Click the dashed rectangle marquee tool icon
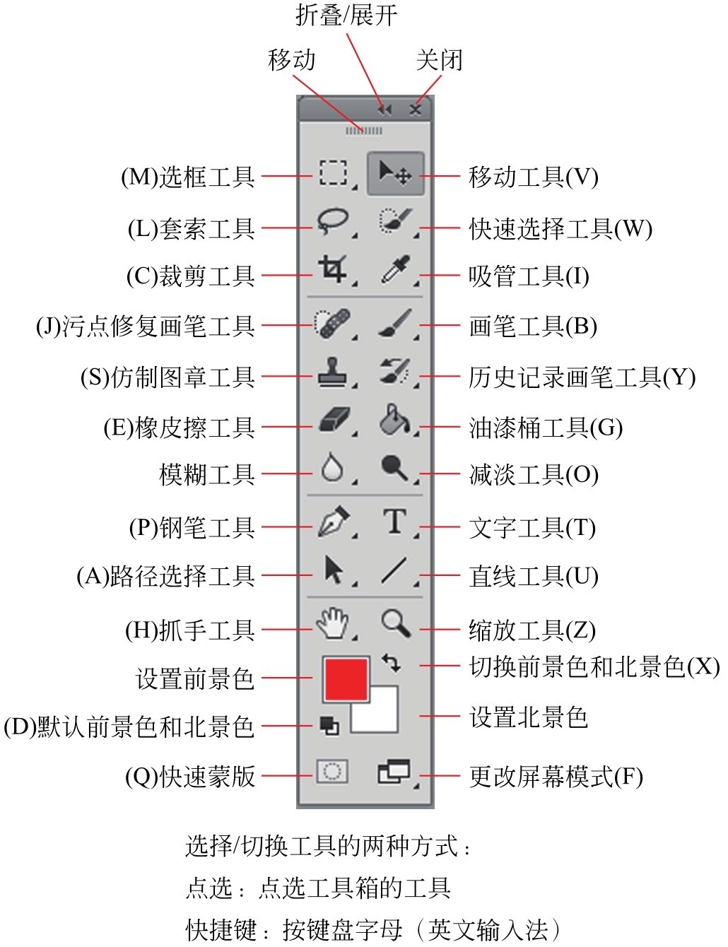point(333,172)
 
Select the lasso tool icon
point(332,221)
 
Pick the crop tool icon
point(332,269)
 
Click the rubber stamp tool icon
point(332,372)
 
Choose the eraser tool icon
point(334,420)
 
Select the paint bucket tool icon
point(394,419)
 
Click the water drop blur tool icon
point(332,467)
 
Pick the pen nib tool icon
point(334,521)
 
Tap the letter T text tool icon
point(394,521)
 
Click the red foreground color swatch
point(345,679)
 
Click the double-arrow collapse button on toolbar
point(385,110)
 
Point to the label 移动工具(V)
point(533,177)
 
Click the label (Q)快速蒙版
point(190,776)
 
